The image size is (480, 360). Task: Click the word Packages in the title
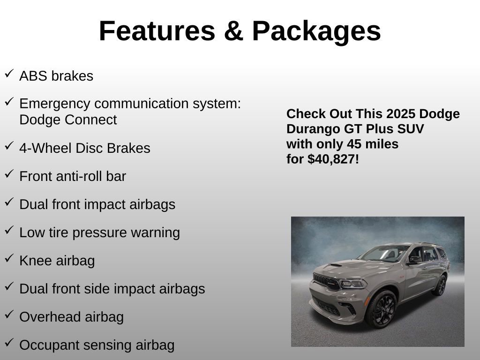(316, 31)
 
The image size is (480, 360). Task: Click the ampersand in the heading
(233, 31)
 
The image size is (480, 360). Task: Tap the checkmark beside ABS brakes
(9, 74)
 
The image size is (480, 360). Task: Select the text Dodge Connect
(68, 120)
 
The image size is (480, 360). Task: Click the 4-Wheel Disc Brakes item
(85, 148)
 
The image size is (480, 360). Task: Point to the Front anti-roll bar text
(73, 176)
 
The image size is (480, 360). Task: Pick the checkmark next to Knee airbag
(9, 258)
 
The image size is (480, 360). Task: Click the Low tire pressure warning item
(99, 232)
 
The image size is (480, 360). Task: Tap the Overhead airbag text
(71, 317)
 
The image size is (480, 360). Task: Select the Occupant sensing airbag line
(97, 345)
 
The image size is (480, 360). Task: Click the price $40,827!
(333, 159)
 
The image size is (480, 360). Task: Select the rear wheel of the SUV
(440, 285)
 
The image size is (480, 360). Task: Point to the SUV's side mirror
(413, 260)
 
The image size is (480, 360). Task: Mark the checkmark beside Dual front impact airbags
(9, 202)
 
